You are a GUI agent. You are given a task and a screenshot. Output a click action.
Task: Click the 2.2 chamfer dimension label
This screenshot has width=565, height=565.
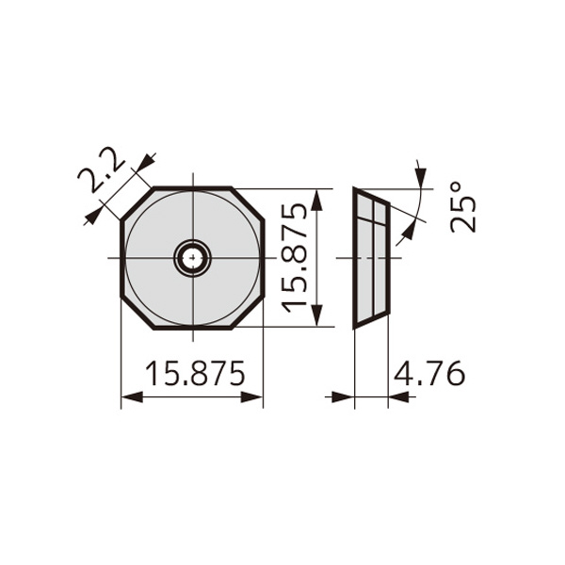tap(101, 169)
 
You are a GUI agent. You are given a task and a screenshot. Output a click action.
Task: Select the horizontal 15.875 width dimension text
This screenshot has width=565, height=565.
tap(195, 373)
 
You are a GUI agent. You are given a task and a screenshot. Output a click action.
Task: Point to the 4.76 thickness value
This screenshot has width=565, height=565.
tap(429, 373)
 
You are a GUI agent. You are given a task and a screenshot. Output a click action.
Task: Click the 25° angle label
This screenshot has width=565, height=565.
tap(463, 207)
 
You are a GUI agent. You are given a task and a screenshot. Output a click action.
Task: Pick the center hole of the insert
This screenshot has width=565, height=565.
tap(193, 258)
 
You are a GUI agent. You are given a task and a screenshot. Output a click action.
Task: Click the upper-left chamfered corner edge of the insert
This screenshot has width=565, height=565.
tap(137, 203)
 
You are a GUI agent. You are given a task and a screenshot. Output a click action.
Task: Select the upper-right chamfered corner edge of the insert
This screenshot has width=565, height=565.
tap(248, 203)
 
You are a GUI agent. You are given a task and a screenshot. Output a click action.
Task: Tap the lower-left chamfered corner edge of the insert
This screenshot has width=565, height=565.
tap(137, 312)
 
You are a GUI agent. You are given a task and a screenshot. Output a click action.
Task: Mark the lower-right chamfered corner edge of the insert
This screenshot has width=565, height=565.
tap(248, 312)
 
